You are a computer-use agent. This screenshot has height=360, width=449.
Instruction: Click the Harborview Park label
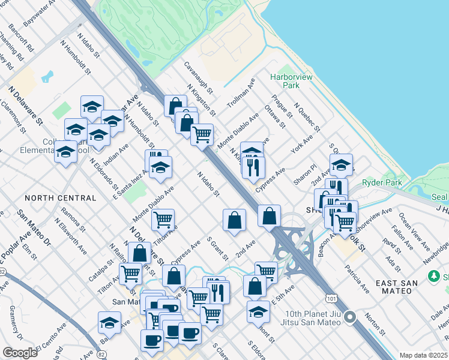point(285,81)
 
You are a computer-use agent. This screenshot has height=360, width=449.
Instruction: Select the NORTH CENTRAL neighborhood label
point(61,198)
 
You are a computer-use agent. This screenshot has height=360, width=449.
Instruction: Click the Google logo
point(20,353)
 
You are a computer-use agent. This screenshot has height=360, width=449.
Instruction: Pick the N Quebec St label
point(306,117)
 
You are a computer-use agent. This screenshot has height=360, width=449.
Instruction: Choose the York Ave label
point(301,145)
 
